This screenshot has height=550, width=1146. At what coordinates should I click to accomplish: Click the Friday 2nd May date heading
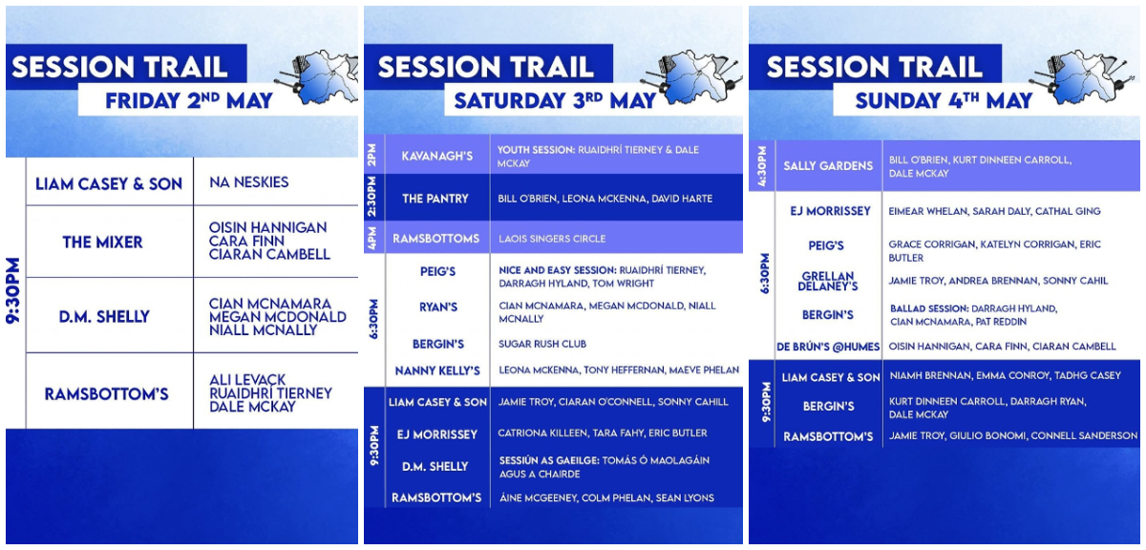[189, 100]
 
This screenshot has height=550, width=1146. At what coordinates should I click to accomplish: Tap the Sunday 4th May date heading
[944, 100]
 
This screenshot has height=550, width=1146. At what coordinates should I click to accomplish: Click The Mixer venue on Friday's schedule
[102, 242]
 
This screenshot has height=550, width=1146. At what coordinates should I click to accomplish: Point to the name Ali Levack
[247, 380]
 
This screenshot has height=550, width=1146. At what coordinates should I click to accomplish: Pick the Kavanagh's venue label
[437, 156]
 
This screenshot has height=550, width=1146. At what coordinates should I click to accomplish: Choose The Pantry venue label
[435, 199]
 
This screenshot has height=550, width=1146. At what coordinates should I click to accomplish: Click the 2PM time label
[371, 155]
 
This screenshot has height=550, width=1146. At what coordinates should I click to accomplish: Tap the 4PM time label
[371, 238]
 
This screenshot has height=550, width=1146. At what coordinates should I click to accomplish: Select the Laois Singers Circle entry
[552, 239]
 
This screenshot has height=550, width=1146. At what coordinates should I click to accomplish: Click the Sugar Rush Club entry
[542, 344]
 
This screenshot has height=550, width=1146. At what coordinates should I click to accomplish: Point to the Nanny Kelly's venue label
[437, 370]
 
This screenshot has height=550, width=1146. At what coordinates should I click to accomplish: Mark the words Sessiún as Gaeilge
[548, 460]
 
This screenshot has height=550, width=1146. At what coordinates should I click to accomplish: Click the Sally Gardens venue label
[828, 166]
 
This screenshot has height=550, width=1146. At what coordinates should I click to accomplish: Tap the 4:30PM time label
[762, 166]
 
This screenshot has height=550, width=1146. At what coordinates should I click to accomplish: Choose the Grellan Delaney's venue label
[828, 281]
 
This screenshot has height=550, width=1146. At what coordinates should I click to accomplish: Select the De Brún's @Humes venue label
[828, 347]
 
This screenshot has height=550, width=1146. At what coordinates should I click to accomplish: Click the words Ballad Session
[929, 308]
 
